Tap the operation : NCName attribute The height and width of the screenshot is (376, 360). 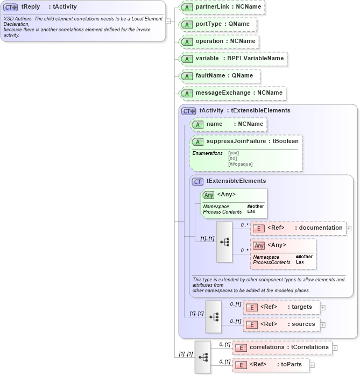(x=219, y=41)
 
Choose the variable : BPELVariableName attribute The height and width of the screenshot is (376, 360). (x=233, y=59)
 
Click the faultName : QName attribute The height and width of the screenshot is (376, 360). (x=220, y=76)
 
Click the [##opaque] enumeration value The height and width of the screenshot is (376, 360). (x=240, y=164)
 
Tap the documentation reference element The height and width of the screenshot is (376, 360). (x=298, y=228)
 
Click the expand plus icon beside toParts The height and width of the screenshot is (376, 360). (x=312, y=365)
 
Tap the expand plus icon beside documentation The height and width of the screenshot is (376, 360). (x=349, y=228)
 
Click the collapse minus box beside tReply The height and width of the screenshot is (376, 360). (x=168, y=22)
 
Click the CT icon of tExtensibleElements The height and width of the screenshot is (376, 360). (x=198, y=182)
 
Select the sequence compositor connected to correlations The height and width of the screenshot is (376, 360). (x=203, y=357)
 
